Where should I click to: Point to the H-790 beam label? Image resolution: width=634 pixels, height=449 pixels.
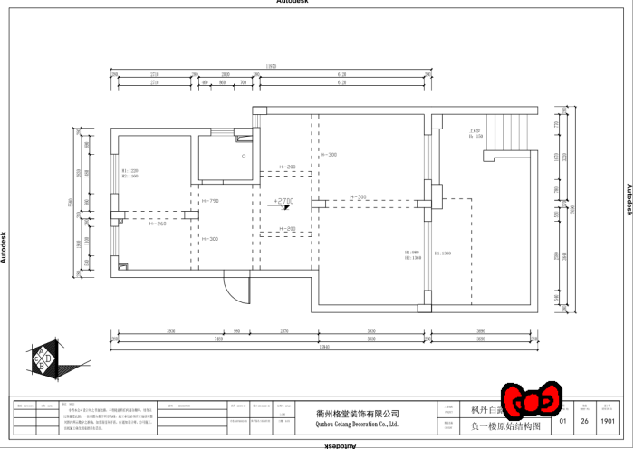point(210,201)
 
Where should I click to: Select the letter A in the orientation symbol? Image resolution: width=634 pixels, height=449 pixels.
point(44,352)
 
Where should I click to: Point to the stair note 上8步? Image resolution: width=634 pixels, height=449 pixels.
point(475,131)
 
